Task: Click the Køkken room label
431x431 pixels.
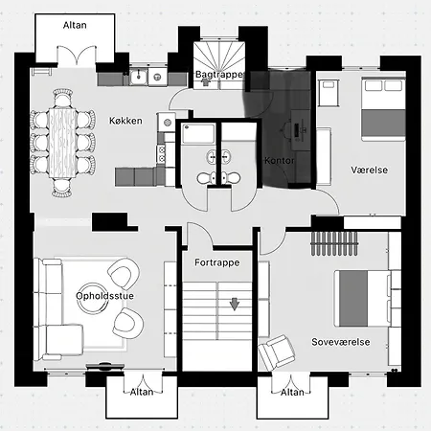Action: [x=125, y=121]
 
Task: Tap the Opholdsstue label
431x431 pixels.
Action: [x=104, y=296]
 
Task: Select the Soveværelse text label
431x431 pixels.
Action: [x=341, y=342]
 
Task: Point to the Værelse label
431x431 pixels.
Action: [x=370, y=170]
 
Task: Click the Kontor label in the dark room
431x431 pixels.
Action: [x=280, y=160]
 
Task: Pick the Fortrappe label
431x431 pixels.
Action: [x=217, y=262]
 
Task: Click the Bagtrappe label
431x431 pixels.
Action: [x=219, y=75]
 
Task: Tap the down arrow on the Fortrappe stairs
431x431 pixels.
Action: [x=235, y=305]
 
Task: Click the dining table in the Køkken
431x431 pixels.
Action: [x=63, y=143]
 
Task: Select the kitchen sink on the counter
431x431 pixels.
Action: [x=139, y=77]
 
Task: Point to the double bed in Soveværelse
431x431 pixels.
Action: [x=363, y=299]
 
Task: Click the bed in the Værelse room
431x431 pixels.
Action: [x=383, y=108]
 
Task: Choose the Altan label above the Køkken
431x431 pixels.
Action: [x=75, y=25]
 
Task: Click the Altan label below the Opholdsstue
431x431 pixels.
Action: [x=142, y=392]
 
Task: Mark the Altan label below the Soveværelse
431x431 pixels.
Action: [x=292, y=392]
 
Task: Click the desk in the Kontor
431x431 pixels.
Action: [x=300, y=130]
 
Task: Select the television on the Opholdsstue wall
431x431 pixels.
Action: [x=105, y=366]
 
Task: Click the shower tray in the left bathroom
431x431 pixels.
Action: [x=198, y=133]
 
